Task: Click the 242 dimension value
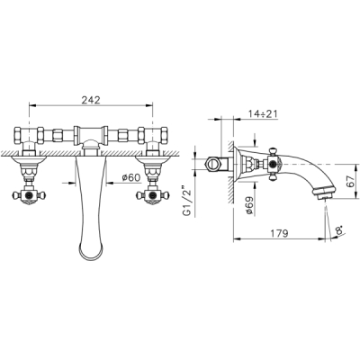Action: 91,100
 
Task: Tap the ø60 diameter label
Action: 131,177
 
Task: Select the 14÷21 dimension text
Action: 263,113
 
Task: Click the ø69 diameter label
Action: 249,206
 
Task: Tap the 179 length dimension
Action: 279,233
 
